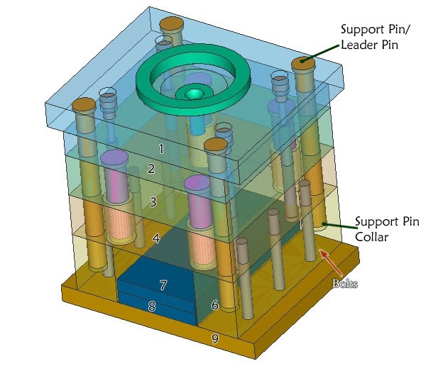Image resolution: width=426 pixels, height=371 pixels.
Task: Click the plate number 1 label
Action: (x=161, y=149)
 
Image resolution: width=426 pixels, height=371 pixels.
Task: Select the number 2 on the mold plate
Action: (x=151, y=169)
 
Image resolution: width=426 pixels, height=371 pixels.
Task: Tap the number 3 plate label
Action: (x=153, y=202)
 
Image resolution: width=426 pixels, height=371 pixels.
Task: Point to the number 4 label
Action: (x=156, y=239)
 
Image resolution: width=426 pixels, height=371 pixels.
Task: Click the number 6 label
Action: (x=214, y=305)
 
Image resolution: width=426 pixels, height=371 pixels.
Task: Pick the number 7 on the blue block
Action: (x=163, y=285)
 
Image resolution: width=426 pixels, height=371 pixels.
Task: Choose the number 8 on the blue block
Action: (x=151, y=307)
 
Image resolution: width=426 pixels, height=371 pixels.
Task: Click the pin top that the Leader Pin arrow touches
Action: (x=304, y=63)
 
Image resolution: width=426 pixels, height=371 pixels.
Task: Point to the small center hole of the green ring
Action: (x=192, y=94)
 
